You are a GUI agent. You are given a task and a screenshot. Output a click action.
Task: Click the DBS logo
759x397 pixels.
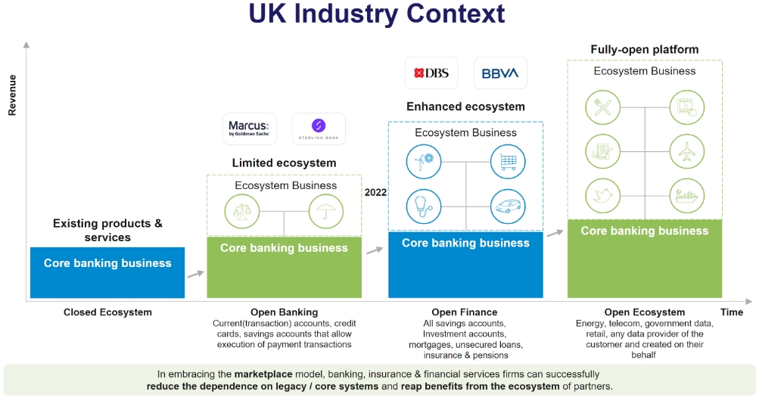pos(431,73)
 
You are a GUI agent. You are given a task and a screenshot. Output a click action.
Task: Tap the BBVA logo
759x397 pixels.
pos(500,73)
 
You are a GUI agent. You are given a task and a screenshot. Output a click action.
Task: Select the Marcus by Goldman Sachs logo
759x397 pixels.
pos(249,129)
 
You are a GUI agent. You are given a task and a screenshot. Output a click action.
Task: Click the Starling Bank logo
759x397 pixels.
pos(319,129)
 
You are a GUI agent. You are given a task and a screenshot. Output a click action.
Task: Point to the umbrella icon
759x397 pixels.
pos(326,212)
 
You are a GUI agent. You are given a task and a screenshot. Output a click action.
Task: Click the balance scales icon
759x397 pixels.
pos(241,212)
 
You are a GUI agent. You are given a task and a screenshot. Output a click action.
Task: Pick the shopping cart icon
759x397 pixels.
pos(508,161)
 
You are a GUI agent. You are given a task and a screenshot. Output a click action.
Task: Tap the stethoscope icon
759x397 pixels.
pos(423,206)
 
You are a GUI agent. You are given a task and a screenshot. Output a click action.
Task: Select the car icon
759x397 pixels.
pos(508,206)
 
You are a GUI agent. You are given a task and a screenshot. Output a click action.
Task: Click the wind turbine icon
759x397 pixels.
pos(423,161)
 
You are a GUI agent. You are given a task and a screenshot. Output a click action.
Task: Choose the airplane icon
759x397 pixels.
pos(687,151)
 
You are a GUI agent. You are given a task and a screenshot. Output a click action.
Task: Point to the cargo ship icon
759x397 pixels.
pos(687,196)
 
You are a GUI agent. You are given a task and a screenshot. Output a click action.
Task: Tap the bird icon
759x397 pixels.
pos(603,196)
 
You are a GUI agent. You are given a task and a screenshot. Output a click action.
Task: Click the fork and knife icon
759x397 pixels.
pos(603,107)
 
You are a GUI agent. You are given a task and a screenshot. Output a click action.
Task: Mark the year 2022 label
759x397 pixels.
pos(375,193)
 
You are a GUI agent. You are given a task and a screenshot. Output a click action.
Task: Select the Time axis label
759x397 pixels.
pos(732,312)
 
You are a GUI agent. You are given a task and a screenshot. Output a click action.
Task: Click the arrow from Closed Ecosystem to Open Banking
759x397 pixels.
pos(196,273)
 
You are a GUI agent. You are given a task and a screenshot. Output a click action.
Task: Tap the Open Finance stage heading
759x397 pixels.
pos(465,312)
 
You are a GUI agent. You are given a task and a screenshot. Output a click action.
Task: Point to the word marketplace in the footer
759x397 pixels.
pos(266,374)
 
